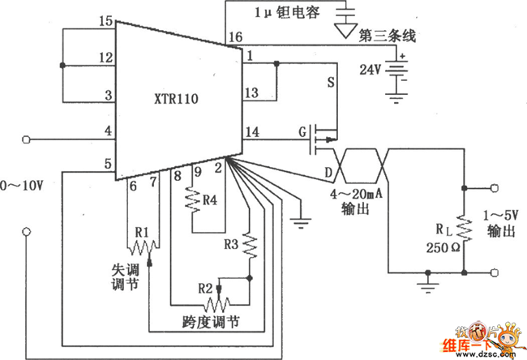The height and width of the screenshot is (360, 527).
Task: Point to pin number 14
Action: point(253,131)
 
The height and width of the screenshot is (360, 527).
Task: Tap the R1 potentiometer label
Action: point(143,233)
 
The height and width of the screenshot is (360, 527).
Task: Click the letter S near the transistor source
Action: point(330,83)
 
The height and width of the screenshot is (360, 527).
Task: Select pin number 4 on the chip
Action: point(106,131)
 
